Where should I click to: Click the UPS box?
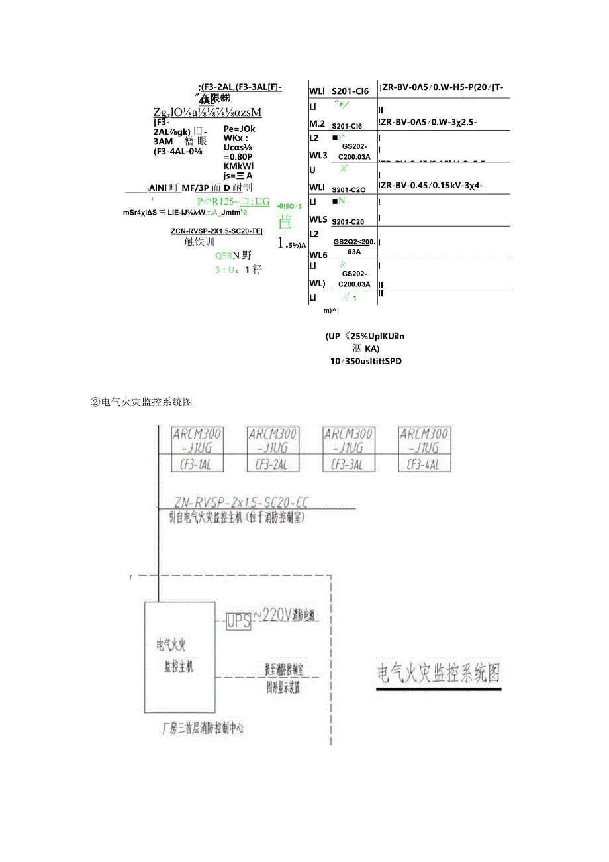pyautogui.click(x=239, y=621)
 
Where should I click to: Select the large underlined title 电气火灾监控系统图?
pyautogui.click(x=438, y=673)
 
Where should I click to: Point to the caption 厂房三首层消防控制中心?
pyautogui.click(x=203, y=727)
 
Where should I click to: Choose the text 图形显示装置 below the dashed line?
pyautogui.click(x=283, y=688)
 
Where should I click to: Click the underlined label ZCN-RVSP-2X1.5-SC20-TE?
pyautogui.click(x=216, y=231)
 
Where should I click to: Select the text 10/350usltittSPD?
pyautogui.click(x=366, y=361)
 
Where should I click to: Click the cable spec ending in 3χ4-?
pyautogui.click(x=431, y=185)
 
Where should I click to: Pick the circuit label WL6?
pyautogui.click(x=318, y=254)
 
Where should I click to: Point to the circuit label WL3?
pyautogui.click(x=318, y=155)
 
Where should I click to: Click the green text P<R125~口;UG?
pyautogui.click(x=233, y=201)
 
